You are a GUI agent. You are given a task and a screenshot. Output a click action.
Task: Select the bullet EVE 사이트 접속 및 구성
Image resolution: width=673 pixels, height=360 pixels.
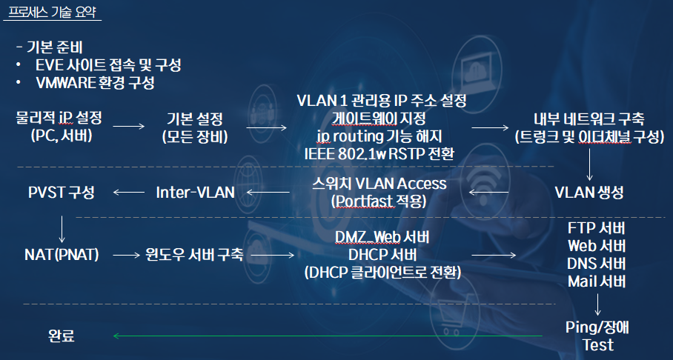pyautogui.click(x=108, y=64)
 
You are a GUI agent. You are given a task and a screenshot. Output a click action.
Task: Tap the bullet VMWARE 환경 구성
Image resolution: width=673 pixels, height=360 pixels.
pyautogui.click(x=94, y=82)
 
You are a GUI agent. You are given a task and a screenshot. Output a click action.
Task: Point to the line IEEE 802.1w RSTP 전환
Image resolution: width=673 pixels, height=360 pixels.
pyautogui.click(x=379, y=153)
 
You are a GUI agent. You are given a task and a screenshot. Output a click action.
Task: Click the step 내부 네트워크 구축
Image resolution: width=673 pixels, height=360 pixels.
pyautogui.click(x=589, y=119)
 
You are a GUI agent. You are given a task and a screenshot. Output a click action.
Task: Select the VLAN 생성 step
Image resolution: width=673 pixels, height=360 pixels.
pyautogui.click(x=589, y=193)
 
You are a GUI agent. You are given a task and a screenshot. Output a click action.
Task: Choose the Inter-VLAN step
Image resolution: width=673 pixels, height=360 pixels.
pyautogui.click(x=195, y=193)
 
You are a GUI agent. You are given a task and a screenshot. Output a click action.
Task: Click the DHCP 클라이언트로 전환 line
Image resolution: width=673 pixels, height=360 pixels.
pyautogui.click(x=382, y=273)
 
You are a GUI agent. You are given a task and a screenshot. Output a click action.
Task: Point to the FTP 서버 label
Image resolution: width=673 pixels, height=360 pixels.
pyautogui.click(x=597, y=227)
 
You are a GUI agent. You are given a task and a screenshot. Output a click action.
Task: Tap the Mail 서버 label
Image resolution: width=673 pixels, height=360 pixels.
pyautogui.click(x=597, y=281)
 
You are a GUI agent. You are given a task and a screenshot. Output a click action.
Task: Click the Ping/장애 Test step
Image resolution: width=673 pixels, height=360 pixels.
pyautogui.click(x=597, y=336)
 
